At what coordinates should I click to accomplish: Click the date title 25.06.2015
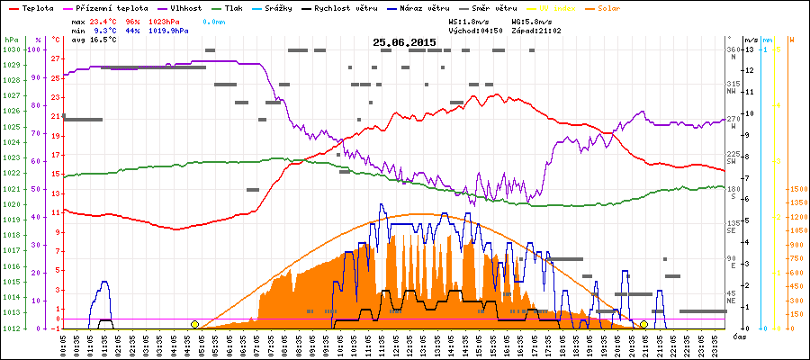[404, 41]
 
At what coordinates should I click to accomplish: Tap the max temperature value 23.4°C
[106, 20]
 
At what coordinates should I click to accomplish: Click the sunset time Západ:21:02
[535, 30]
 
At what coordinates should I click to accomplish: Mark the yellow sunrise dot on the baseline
[194, 324]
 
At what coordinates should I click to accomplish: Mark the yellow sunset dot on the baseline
[643, 324]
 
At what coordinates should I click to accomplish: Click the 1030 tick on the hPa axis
[11, 49]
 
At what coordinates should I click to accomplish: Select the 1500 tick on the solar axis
[796, 190]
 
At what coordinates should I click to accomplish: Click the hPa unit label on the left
[10, 40]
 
